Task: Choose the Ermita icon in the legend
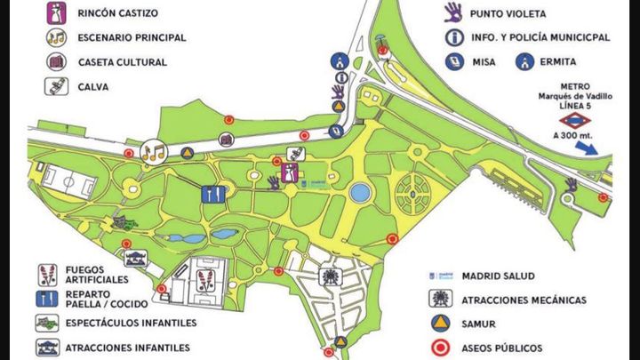pyautogui.click(x=526, y=62)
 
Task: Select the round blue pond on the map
pyautogui.click(x=359, y=192)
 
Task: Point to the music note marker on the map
pyautogui.click(x=154, y=151)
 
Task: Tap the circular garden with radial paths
pyautogui.click(x=416, y=193)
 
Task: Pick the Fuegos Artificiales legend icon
pyautogui.click(x=47, y=274)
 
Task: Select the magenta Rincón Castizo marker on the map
pyautogui.click(x=290, y=172)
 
